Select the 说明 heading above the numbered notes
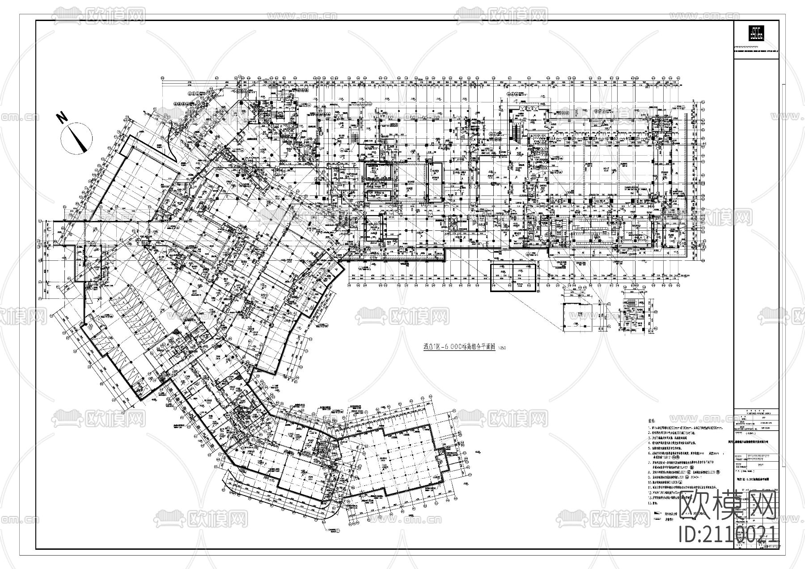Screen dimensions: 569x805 click(x=652, y=421)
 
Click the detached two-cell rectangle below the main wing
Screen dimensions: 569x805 click(x=513, y=277)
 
